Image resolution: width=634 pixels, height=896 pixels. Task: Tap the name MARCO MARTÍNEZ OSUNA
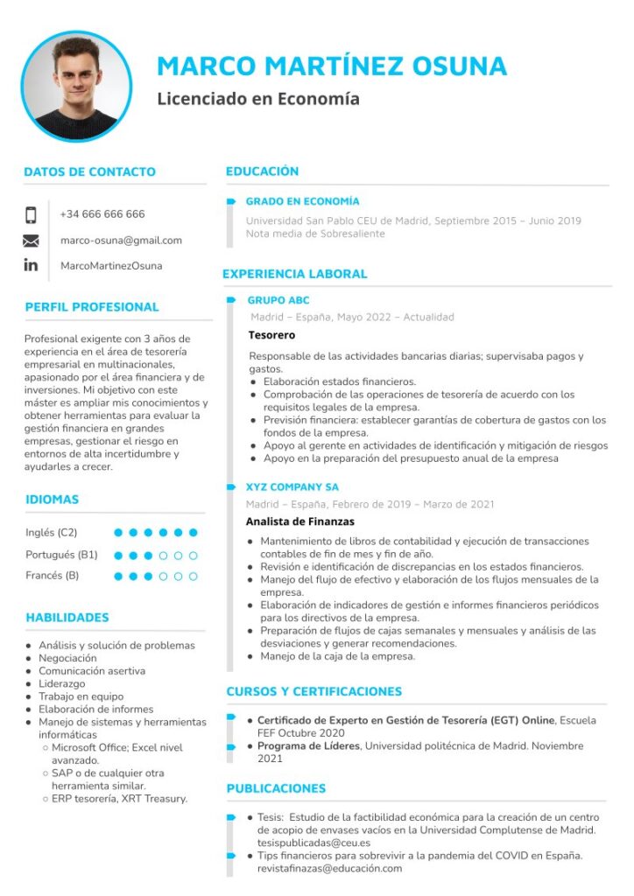pyautogui.click(x=332, y=66)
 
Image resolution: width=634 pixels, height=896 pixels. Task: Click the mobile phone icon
pyautogui.click(x=31, y=215)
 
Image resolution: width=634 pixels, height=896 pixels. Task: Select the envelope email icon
pyautogui.click(x=31, y=241)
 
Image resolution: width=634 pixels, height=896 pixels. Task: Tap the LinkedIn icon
pyautogui.click(x=31, y=265)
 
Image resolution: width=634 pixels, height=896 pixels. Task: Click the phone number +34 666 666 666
pyautogui.click(x=102, y=214)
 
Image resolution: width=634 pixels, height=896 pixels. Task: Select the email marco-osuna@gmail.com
pyautogui.click(x=121, y=241)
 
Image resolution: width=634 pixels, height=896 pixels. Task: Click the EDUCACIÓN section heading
pyautogui.click(x=262, y=171)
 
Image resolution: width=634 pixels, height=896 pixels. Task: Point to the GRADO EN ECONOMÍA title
pyautogui.click(x=302, y=201)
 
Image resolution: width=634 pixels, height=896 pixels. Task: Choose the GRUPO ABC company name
pyautogui.click(x=278, y=300)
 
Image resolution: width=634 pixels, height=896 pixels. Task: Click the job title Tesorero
pyautogui.click(x=271, y=335)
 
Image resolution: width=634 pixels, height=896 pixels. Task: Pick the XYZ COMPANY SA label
pyautogui.click(x=292, y=487)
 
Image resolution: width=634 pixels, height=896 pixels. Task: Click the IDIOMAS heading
pyautogui.click(x=52, y=500)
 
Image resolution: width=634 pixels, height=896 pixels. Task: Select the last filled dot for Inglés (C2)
pyautogui.click(x=194, y=532)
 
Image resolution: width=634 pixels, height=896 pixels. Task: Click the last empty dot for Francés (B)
pyautogui.click(x=194, y=576)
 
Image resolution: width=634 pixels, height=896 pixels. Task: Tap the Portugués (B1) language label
pyautogui.click(x=61, y=555)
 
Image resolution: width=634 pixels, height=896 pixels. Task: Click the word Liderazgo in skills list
pyautogui.click(x=62, y=683)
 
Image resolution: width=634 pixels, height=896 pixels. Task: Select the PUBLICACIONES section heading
pyautogui.click(x=276, y=788)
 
